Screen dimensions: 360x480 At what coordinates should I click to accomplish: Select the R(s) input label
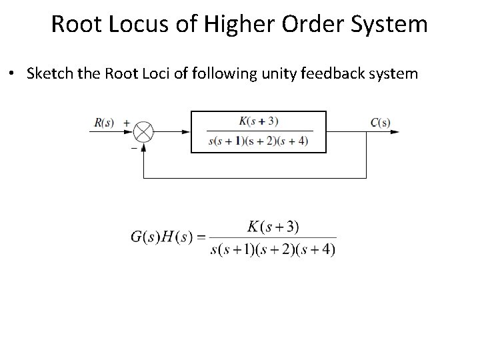(x=105, y=122)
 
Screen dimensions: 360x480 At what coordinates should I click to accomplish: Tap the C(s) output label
(x=380, y=122)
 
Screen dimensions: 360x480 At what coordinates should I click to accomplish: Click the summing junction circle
(x=143, y=132)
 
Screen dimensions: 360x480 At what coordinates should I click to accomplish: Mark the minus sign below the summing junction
(x=133, y=148)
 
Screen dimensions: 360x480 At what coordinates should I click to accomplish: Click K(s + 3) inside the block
(x=258, y=121)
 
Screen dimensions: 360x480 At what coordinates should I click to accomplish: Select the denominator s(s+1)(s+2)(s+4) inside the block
(x=258, y=141)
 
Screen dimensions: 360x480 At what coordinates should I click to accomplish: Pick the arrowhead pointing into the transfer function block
(x=187, y=132)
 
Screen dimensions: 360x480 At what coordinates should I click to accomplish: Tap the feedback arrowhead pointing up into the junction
(x=143, y=147)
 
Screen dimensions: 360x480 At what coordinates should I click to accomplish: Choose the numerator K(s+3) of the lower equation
(x=273, y=227)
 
